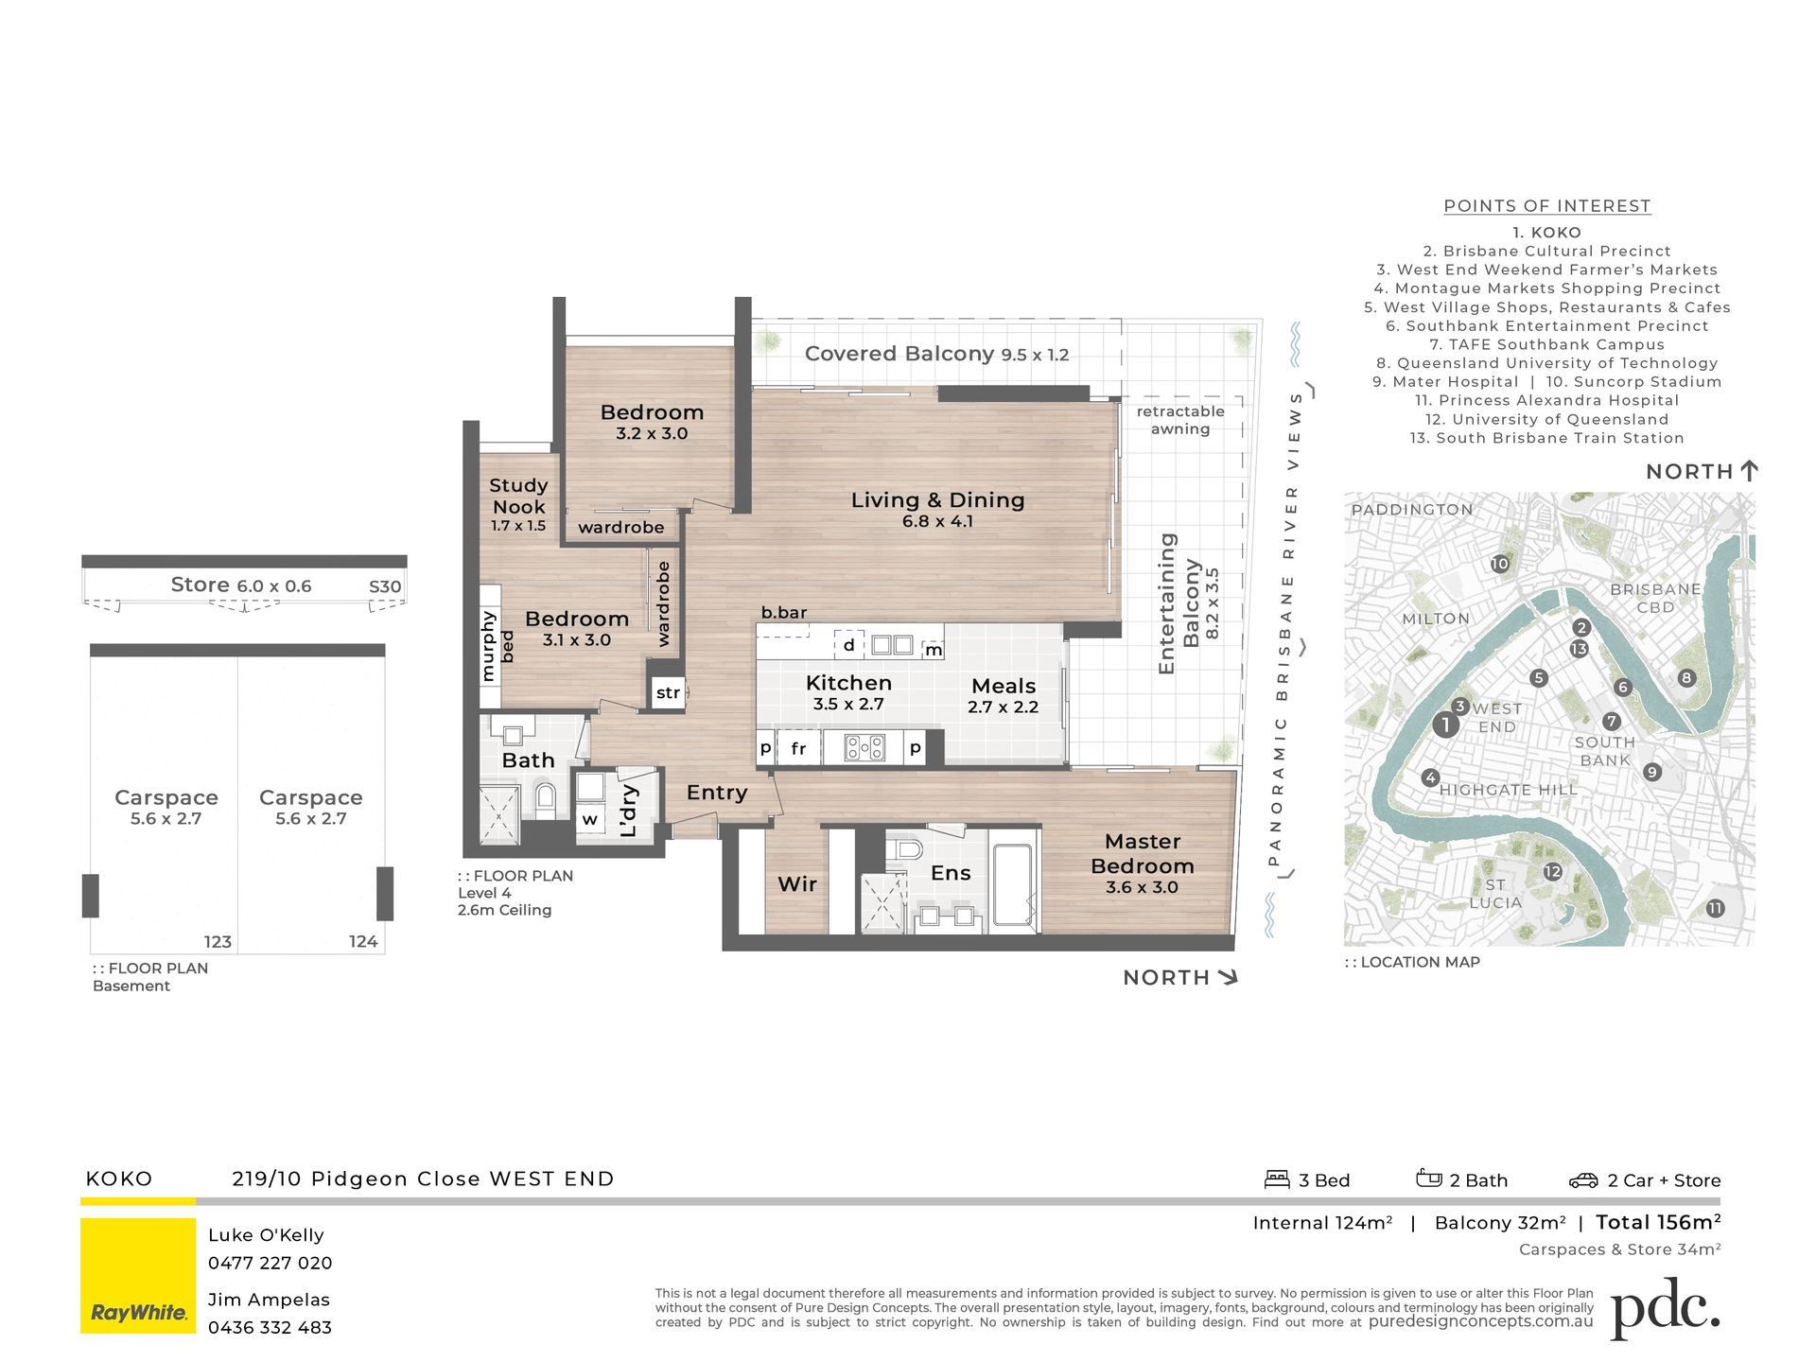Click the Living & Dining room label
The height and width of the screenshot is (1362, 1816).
point(937,509)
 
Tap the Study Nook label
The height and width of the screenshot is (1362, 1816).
point(518,505)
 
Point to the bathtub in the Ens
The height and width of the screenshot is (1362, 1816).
point(1013,881)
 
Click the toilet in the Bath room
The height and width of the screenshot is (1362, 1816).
point(545,800)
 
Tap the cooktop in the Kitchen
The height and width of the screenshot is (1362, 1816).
point(865,748)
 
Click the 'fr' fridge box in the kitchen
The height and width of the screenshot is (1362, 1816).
point(798,748)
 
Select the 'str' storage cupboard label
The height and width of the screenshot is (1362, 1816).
point(668,692)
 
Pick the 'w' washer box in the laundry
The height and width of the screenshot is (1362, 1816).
point(589,819)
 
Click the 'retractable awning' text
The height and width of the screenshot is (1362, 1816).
point(1180,420)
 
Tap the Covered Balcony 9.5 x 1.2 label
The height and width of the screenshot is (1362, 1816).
point(936,354)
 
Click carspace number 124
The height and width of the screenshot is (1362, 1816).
point(363,941)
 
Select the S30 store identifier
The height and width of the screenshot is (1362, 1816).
point(385,586)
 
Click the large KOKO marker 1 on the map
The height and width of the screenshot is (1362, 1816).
point(1445,725)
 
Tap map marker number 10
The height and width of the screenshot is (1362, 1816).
point(1500,564)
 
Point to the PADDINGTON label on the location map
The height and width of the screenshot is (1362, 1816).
point(1412,510)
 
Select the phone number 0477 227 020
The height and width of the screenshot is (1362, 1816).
point(271,1263)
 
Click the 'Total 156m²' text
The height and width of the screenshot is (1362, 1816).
point(1658,1222)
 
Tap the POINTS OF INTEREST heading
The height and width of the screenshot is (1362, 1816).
point(1547,206)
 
